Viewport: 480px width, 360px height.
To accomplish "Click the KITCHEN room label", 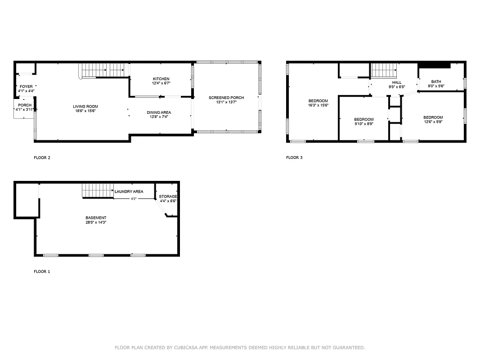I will [x=161, y=79].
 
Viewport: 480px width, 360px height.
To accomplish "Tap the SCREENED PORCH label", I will [x=226, y=98].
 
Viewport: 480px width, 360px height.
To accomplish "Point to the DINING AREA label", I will [x=159, y=112].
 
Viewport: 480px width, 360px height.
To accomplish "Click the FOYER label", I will [x=26, y=86].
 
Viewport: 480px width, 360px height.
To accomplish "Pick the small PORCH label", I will [x=25, y=105].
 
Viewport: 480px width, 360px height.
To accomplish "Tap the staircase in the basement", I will [x=97, y=191].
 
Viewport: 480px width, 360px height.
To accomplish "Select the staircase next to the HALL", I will [x=384, y=70].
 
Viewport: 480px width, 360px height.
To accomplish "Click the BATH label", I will [x=436, y=81].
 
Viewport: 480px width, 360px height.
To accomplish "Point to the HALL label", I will [x=396, y=82].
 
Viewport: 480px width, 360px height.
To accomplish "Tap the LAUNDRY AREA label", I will [x=129, y=192].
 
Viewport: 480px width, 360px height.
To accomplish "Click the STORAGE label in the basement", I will [x=168, y=197].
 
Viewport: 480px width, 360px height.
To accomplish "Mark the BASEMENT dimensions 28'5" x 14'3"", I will [x=96, y=222].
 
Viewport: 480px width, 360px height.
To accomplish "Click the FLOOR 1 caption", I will [x=42, y=272].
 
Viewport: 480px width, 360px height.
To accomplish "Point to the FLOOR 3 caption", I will [x=294, y=157].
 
